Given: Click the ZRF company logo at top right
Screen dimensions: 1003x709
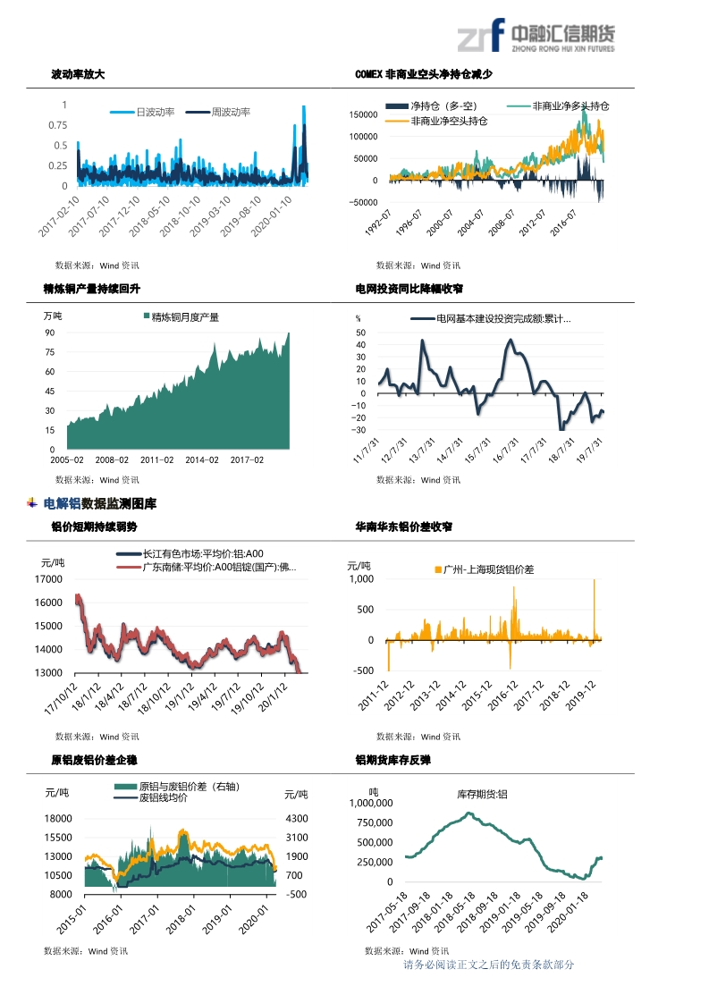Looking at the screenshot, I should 536,36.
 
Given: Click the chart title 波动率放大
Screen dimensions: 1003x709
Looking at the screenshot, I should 78,74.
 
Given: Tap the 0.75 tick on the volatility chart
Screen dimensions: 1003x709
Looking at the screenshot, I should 57,125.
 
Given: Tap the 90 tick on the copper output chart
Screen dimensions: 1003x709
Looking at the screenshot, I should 50,333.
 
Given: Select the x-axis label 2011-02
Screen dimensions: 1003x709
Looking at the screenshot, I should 156,460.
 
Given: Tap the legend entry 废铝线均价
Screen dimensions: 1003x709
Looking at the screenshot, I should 163,797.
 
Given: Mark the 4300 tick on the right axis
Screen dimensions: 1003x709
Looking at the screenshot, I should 296,819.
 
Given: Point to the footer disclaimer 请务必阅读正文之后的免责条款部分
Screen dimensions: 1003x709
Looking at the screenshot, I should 488,965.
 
